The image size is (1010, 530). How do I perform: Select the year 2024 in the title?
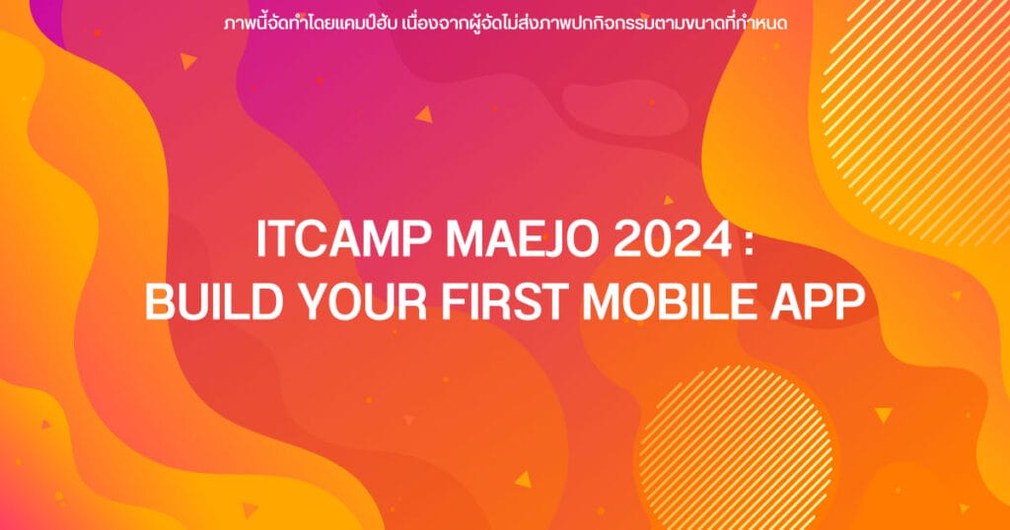[x=672, y=239]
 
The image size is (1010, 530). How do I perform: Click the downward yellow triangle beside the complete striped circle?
[x=883, y=415]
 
